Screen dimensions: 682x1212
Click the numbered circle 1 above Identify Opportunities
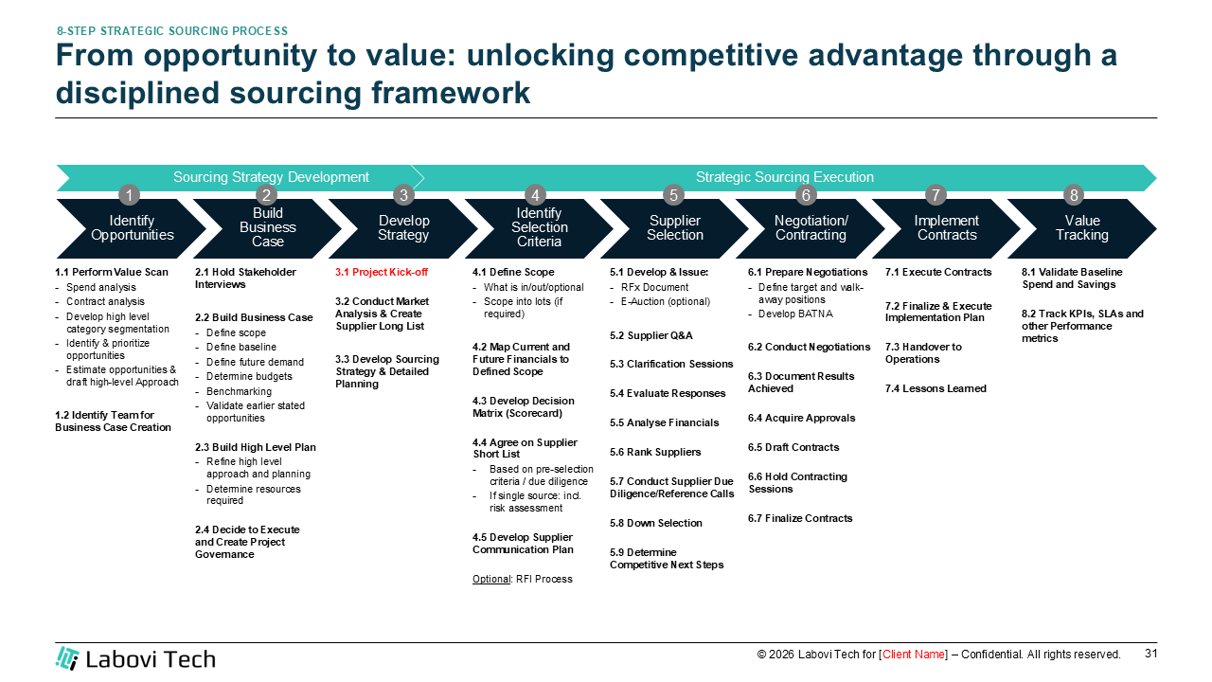[x=130, y=195]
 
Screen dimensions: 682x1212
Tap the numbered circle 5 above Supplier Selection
[x=673, y=195]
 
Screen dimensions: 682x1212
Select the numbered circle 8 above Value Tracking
[x=1073, y=195]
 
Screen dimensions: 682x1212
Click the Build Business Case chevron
[x=268, y=228]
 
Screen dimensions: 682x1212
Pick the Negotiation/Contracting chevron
[x=811, y=228]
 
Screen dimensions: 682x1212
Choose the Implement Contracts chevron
[x=947, y=228]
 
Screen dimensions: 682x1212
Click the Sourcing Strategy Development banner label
[x=271, y=177]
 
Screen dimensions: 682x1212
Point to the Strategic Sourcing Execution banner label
[x=784, y=177]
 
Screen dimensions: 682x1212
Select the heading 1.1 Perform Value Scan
[x=112, y=273]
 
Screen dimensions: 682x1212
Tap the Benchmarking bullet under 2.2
[x=239, y=391]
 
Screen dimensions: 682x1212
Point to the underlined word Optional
[x=491, y=579]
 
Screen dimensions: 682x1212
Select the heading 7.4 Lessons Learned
[x=936, y=388]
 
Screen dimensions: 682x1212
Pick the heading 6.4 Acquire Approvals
[x=801, y=418]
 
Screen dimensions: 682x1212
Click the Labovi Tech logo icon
[x=67, y=658]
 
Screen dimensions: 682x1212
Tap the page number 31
[x=1150, y=654]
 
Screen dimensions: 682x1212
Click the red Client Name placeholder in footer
[x=914, y=655]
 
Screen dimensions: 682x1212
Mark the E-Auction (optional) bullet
[x=665, y=302]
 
